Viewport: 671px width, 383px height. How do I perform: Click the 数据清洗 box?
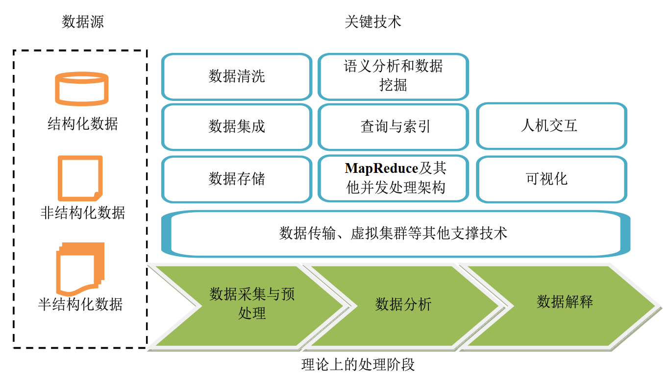[237, 77]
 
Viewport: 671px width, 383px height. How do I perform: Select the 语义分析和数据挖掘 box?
[393, 76]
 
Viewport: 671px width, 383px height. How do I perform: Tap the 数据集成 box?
[237, 127]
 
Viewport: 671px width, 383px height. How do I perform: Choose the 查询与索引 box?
[393, 127]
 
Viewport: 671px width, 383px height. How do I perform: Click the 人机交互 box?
[551, 126]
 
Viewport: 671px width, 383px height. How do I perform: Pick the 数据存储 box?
[237, 179]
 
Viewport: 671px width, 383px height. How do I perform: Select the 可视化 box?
[551, 179]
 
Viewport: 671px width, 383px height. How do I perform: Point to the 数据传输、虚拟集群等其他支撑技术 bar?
[395, 233]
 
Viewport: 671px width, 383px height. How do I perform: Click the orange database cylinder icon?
[81, 89]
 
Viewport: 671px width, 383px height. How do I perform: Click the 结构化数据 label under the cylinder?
[82, 123]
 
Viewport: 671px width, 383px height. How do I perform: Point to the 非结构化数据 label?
[82, 213]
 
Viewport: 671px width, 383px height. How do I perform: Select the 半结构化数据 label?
[80, 305]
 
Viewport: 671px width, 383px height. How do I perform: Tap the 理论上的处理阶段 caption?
[358, 365]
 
